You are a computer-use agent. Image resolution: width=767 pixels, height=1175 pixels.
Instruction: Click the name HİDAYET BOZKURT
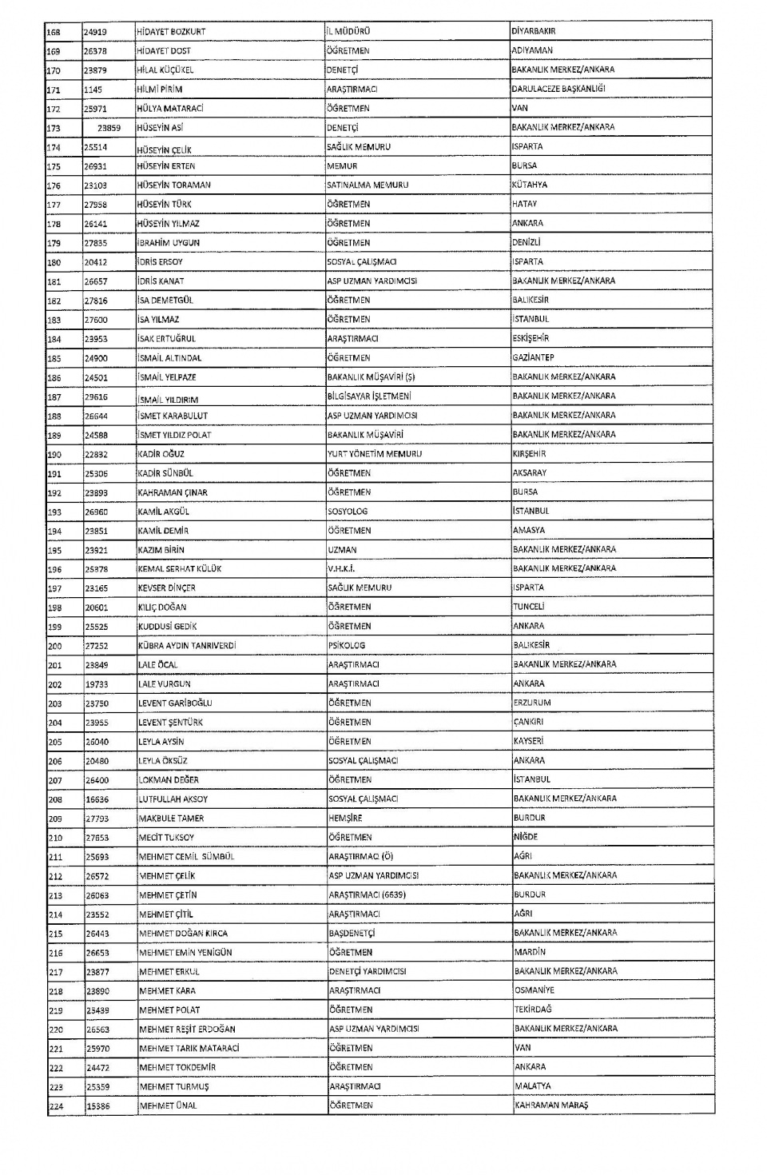tap(171, 32)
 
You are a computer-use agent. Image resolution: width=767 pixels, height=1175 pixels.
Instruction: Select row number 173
tap(54, 128)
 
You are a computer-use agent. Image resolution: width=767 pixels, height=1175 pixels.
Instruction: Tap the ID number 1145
tap(93, 90)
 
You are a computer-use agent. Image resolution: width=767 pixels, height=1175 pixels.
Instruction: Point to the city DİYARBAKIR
tap(533, 31)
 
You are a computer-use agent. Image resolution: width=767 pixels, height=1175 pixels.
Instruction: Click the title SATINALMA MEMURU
tap(368, 185)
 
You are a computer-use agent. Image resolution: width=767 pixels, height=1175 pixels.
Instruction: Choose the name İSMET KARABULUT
tap(173, 416)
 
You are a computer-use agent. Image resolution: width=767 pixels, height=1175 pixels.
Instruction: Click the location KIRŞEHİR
tap(529, 454)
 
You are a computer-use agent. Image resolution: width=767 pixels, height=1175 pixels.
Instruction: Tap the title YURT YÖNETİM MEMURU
tap(375, 454)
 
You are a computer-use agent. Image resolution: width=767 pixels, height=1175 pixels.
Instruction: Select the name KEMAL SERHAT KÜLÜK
tap(180, 569)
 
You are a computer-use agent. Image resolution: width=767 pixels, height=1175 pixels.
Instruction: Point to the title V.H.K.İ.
tap(341, 569)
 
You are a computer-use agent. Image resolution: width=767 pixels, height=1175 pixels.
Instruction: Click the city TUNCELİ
tap(529, 607)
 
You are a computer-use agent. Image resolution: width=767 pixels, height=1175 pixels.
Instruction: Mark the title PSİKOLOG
tap(347, 645)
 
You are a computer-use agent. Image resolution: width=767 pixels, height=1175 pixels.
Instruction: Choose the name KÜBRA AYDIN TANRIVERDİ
tap(187, 645)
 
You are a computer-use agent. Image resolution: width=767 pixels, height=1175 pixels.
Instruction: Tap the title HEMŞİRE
tap(345, 819)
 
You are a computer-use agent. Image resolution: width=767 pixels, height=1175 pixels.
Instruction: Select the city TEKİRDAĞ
tap(533, 1010)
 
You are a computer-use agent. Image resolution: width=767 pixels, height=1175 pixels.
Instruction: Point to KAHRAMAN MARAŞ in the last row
tap(551, 1105)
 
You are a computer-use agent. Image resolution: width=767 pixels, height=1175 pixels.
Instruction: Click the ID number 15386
tap(98, 1106)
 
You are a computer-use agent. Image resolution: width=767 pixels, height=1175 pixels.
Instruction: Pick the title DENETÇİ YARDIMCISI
tap(368, 972)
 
